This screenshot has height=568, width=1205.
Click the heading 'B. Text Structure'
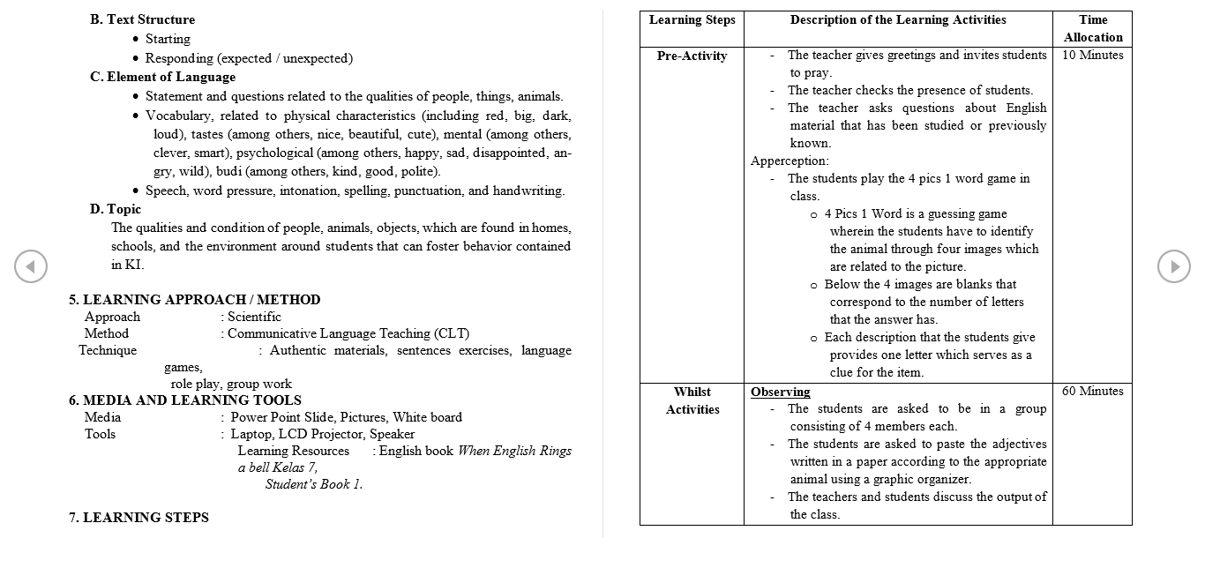coord(142,19)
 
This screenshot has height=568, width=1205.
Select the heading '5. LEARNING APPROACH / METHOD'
coord(195,300)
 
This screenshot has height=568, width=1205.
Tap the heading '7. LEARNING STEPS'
coord(139,518)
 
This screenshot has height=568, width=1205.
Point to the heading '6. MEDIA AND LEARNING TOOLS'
coord(185,400)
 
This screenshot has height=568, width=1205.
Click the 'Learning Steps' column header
coord(692,20)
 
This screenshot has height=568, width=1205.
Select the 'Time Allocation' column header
coord(1092,28)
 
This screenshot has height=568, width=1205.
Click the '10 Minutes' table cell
coord(1092,56)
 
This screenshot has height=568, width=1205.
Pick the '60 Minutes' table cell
coord(1092,392)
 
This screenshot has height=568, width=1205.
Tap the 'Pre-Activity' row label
coord(692,56)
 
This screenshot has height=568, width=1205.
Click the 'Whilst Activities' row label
coord(692,400)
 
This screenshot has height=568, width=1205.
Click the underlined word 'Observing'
coord(780,392)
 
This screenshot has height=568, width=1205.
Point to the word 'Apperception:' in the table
coord(790,161)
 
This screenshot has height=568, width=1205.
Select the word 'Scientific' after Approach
coord(255,317)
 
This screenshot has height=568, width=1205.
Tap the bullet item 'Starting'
coord(168,39)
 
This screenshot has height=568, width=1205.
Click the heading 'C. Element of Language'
coord(150,77)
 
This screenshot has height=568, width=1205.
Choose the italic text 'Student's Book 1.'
coord(314,484)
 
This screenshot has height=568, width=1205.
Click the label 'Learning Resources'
coord(294,451)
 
